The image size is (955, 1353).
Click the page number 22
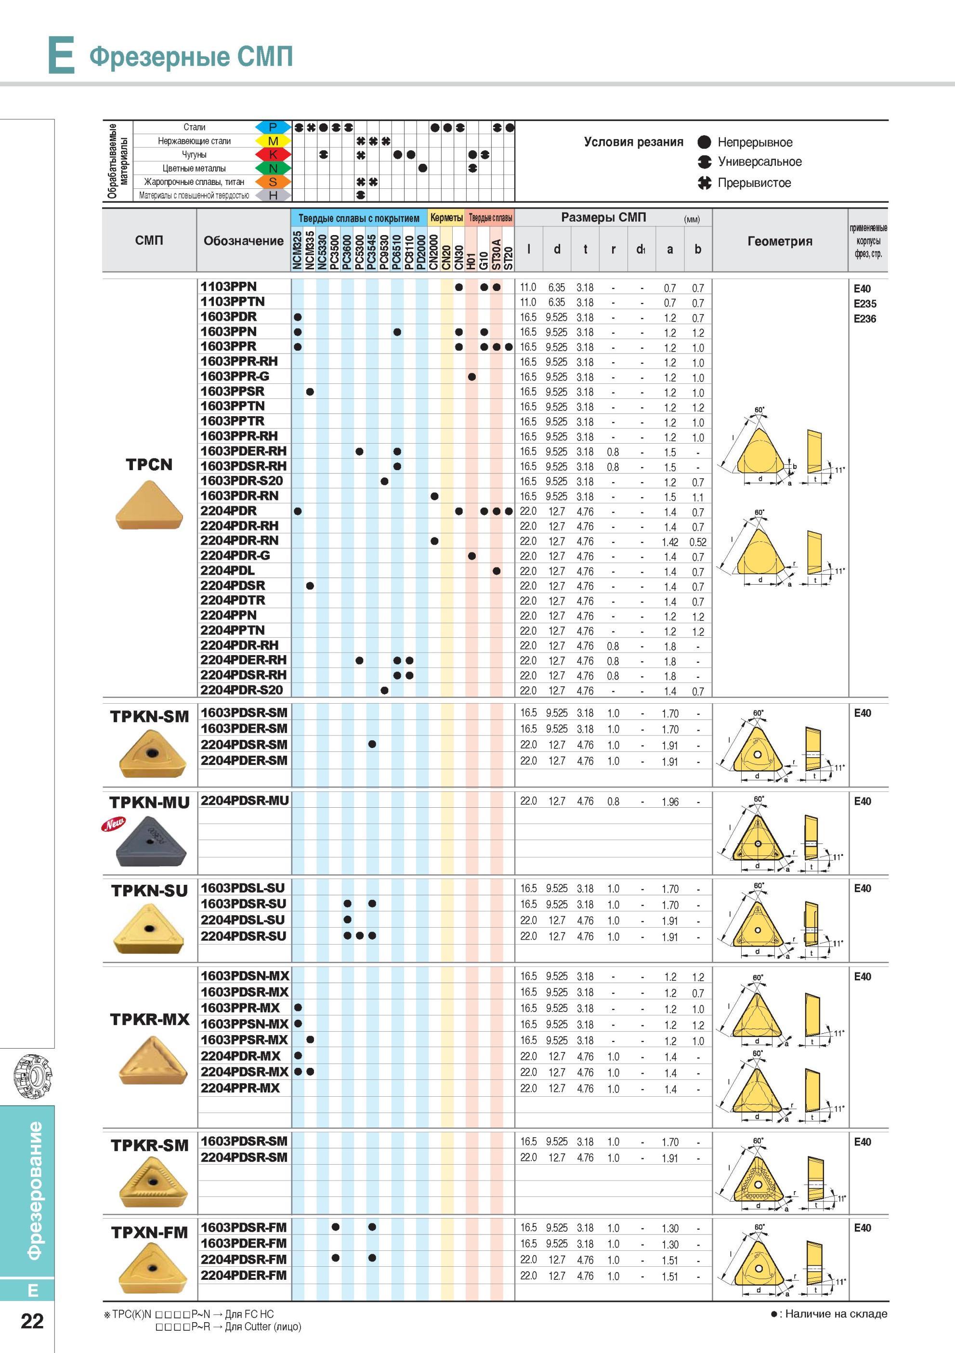(32, 1321)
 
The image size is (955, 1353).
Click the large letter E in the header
(61, 55)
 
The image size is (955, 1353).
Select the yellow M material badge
(273, 141)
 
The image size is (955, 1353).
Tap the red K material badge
(273, 155)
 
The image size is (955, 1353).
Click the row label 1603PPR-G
(235, 376)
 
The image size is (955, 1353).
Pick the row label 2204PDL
(227, 570)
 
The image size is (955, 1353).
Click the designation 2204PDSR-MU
(245, 800)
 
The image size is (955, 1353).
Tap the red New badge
(113, 825)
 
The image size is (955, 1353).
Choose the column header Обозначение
(243, 240)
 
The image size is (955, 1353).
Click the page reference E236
(865, 319)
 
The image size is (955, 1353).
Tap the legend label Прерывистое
(754, 183)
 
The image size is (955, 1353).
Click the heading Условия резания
(633, 142)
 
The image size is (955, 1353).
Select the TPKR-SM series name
(150, 1145)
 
